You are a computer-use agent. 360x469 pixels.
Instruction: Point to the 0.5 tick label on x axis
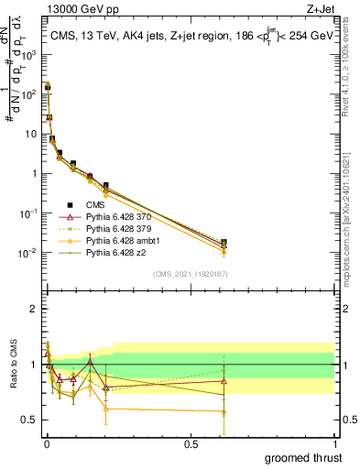pyautogui.click(x=191, y=443)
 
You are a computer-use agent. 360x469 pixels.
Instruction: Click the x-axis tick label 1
pyautogui.click(x=334, y=443)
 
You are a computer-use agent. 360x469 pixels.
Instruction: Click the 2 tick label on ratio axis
pyautogui.click(x=32, y=310)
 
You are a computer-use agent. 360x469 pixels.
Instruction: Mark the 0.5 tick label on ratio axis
pyautogui.click(x=29, y=420)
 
